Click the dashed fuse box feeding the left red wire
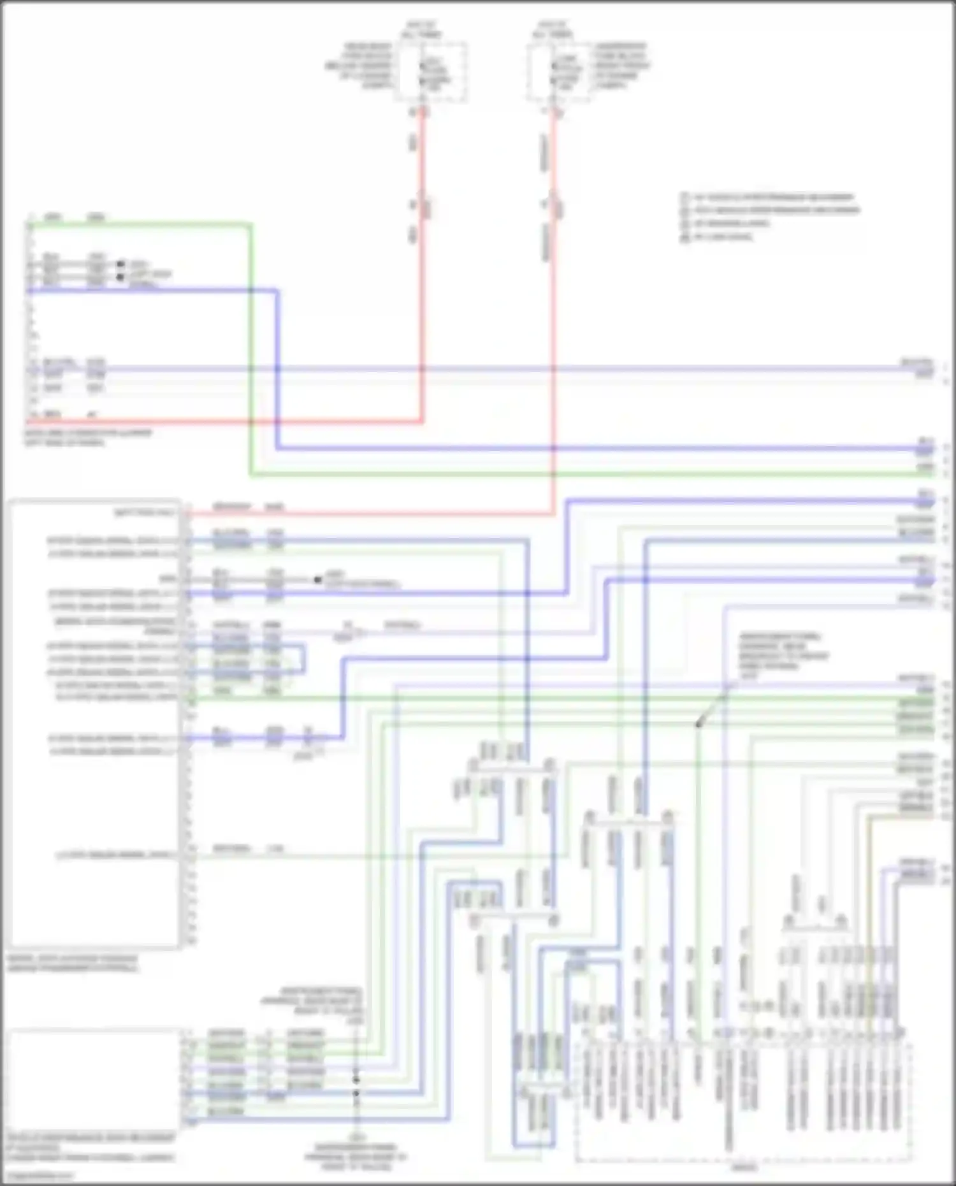[x=430, y=71]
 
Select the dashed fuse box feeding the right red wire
[x=558, y=71]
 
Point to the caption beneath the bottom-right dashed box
[x=743, y=1168]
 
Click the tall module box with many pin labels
[x=94, y=724]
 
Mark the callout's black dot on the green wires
[x=699, y=725]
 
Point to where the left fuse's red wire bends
[x=421, y=421]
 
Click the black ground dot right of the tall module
[x=317, y=580]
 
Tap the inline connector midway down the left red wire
[x=421, y=205]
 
